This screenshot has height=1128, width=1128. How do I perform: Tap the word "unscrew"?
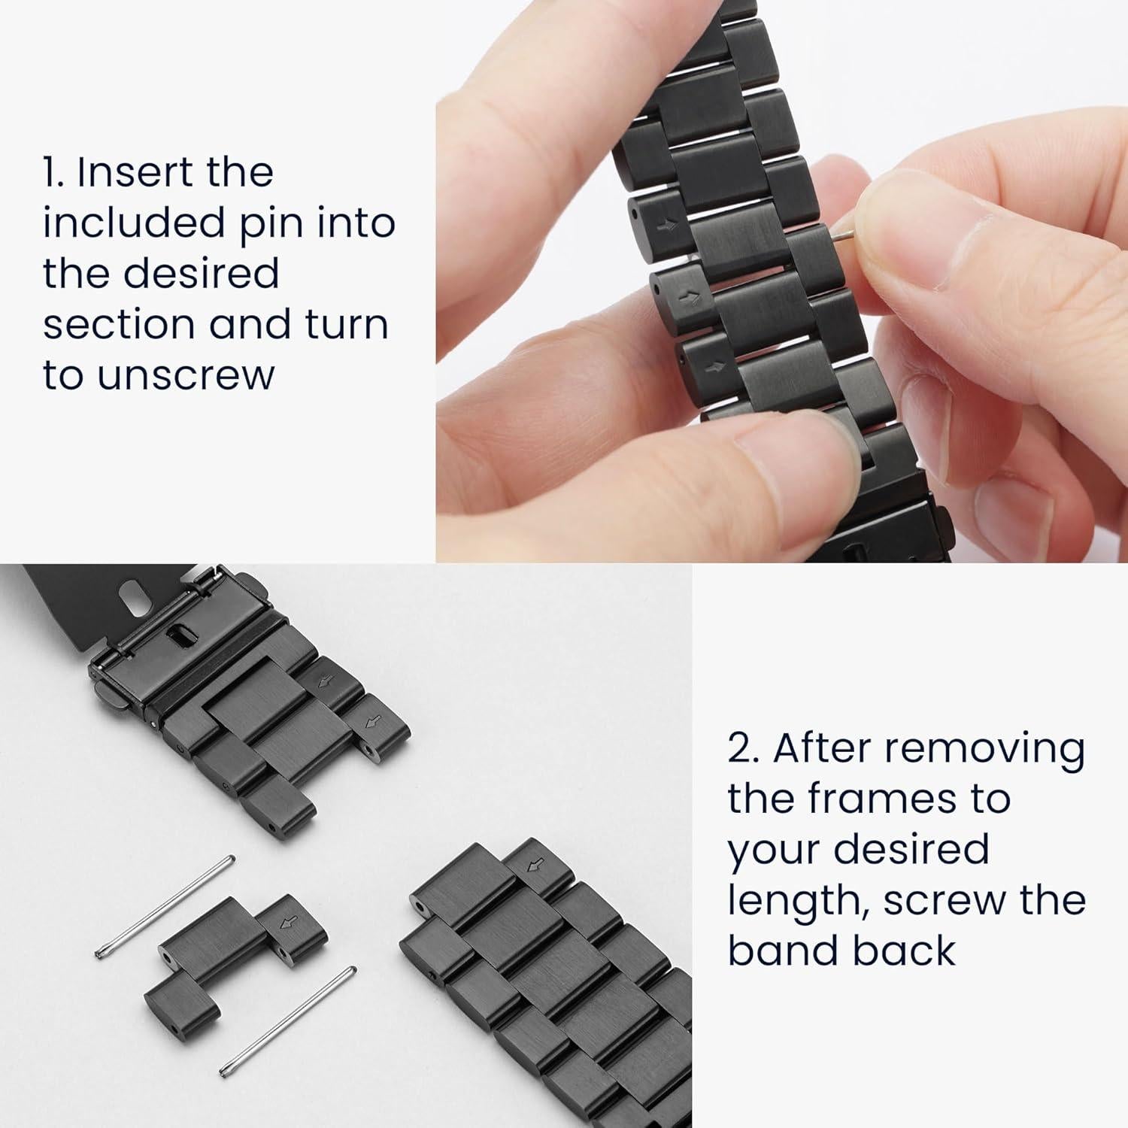click(x=186, y=374)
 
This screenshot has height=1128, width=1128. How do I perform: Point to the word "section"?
click(x=119, y=324)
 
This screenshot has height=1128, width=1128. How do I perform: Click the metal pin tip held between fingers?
click(x=844, y=236)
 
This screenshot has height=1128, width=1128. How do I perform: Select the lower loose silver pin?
click(x=288, y=1020)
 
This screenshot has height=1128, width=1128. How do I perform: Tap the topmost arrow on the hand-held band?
click(x=666, y=224)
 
